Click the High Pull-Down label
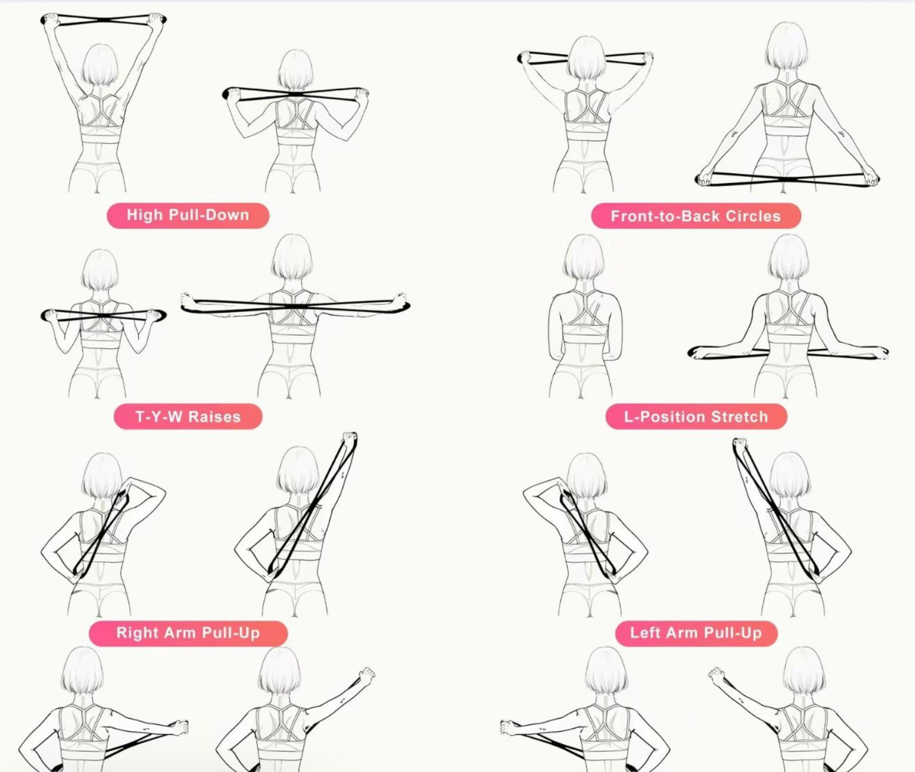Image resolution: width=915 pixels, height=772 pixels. point(188,216)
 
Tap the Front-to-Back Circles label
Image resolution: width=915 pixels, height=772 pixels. point(696,216)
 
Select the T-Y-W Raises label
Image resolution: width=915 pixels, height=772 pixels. point(188,416)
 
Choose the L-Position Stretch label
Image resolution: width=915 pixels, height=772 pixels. point(696,416)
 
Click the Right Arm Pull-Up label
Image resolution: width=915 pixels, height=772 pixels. point(188,633)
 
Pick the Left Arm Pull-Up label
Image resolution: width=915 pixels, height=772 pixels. point(696,633)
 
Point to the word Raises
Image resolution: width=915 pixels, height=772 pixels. point(214,416)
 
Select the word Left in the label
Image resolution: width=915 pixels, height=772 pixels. point(645,632)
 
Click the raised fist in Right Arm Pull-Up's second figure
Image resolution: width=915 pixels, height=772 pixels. point(349,440)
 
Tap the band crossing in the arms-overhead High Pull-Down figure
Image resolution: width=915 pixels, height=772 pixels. point(105,20)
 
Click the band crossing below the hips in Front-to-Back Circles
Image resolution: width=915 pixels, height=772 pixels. point(787,179)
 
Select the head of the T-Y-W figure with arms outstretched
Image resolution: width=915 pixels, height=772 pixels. point(292,257)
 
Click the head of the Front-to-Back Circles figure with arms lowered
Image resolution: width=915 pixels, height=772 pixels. point(787,47)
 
